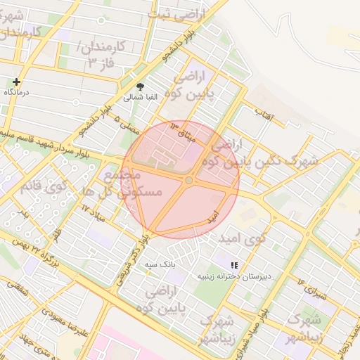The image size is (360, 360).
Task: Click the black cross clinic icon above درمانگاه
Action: [16, 82]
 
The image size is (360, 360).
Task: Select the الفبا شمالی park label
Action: [141, 97]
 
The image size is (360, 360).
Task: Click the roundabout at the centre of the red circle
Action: [188, 181]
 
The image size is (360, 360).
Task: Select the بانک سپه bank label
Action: [159, 265]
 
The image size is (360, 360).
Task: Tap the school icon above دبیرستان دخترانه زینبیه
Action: [234, 264]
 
